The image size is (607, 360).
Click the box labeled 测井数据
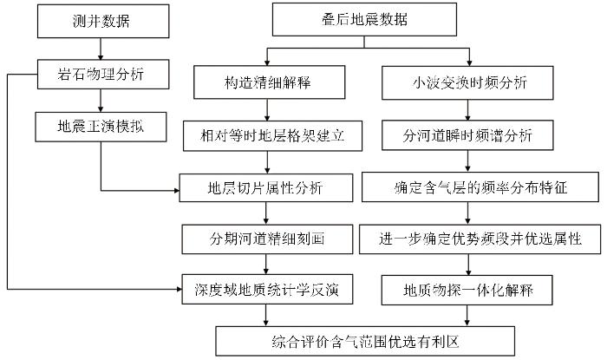103,22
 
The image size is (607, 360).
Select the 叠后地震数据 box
364,20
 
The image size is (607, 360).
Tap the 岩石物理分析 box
103,75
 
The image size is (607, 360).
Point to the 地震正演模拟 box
101,127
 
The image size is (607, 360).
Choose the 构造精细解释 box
270,82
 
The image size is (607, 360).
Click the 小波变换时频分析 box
467,82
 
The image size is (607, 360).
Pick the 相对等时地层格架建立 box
272,136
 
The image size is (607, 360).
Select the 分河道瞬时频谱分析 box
467,135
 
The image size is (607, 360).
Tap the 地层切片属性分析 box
266,187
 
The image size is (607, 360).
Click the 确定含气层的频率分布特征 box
480,187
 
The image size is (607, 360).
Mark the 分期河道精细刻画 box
267,239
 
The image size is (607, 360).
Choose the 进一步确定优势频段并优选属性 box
480,239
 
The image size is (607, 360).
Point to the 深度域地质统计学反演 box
267,289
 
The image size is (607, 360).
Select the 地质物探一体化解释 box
467,290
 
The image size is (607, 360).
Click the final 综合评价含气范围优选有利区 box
365,341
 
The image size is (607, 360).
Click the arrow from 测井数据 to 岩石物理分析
101,49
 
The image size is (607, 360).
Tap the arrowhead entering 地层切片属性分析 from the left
177,191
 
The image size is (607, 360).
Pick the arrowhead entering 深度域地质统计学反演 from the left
179,289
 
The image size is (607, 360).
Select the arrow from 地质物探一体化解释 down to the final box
467,316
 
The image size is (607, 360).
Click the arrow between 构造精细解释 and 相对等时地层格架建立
267,110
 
